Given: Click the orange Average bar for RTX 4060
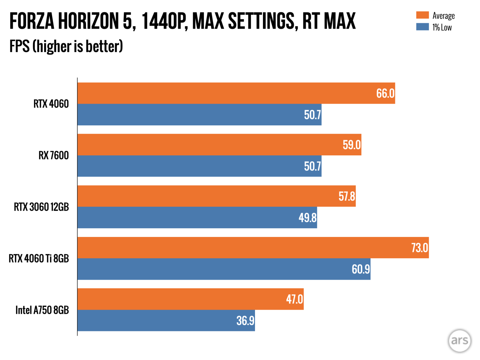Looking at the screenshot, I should (x=233, y=93).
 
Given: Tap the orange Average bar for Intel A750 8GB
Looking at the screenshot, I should (x=190, y=299).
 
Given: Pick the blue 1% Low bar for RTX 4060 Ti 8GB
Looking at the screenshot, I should (x=224, y=269).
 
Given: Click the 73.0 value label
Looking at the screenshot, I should (x=419, y=248).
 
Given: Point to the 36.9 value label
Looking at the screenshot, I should (x=245, y=321).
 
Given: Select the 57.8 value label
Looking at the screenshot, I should (x=347, y=196).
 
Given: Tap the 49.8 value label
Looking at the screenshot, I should (x=307, y=218).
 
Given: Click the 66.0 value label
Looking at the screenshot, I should (x=385, y=93).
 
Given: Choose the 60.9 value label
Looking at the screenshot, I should (x=361, y=269).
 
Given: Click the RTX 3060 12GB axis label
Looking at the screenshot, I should (x=41, y=207).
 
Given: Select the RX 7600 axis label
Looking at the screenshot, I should (x=54, y=155).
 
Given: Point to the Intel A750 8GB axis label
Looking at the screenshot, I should (x=42, y=310).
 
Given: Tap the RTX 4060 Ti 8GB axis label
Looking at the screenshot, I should (x=39, y=258).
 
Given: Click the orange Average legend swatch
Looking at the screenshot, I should (x=422, y=15).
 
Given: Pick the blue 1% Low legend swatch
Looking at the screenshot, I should (x=422, y=27).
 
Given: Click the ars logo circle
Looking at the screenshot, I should (x=460, y=340).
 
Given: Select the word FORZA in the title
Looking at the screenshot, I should (x=32, y=21).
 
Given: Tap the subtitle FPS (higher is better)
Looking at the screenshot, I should (x=66, y=46).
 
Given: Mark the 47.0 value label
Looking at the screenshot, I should (x=294, y=299).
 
